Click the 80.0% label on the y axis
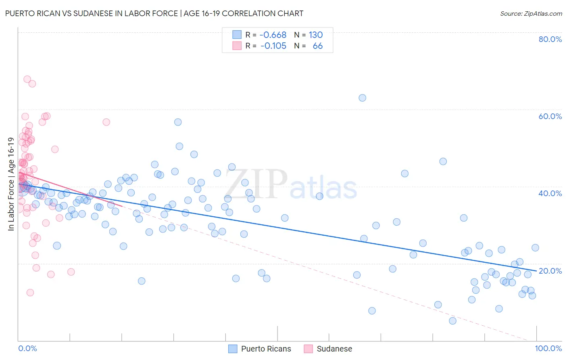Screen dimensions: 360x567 (550, 39)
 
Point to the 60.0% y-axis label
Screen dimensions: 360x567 (550, 116)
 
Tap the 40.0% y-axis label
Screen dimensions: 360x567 (550, 193)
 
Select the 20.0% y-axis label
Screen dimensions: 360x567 (550, 271)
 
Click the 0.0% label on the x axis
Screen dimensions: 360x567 (27, 348)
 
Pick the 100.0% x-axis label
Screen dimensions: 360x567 (548, 348)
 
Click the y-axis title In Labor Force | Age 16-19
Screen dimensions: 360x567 (11, 184)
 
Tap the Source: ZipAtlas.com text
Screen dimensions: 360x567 (531, 14)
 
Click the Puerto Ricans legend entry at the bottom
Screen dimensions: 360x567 (260, 349)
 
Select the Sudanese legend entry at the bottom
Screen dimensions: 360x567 (328, 349)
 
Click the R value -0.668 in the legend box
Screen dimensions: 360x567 (273, 35)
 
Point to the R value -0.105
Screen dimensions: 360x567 (273, 46)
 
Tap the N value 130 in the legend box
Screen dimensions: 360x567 (316, 35)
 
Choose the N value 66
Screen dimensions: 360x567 (317, 46)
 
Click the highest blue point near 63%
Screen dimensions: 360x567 (362, 98)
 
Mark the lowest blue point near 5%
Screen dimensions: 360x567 (452, 321)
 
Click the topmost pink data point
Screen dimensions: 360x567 (27, 79)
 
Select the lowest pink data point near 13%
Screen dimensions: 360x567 (30, 293)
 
